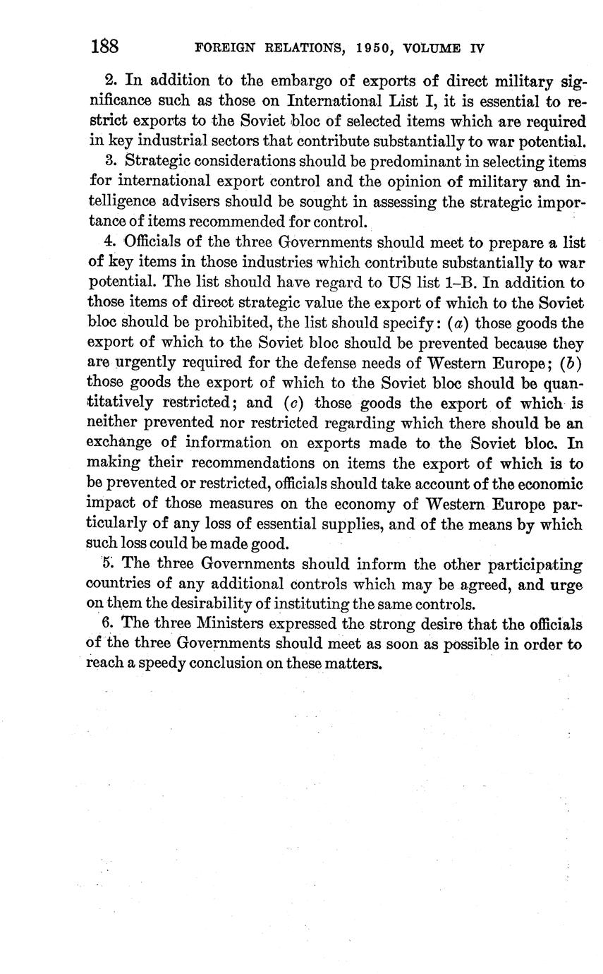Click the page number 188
(104, 47)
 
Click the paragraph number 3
(109, 160)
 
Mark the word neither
(111, 423)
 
